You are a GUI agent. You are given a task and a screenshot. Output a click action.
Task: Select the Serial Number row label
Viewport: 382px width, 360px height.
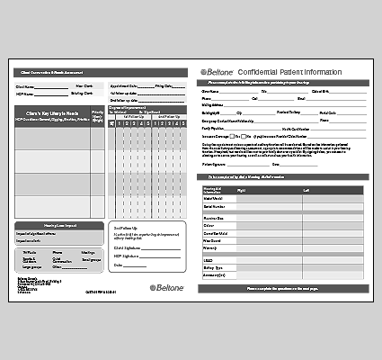click(x=215, y=206)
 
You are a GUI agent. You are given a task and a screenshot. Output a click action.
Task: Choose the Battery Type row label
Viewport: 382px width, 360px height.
click(x=215, y=268)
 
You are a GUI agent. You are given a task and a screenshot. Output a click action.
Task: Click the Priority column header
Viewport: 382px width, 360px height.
click(x=97, y=116)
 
